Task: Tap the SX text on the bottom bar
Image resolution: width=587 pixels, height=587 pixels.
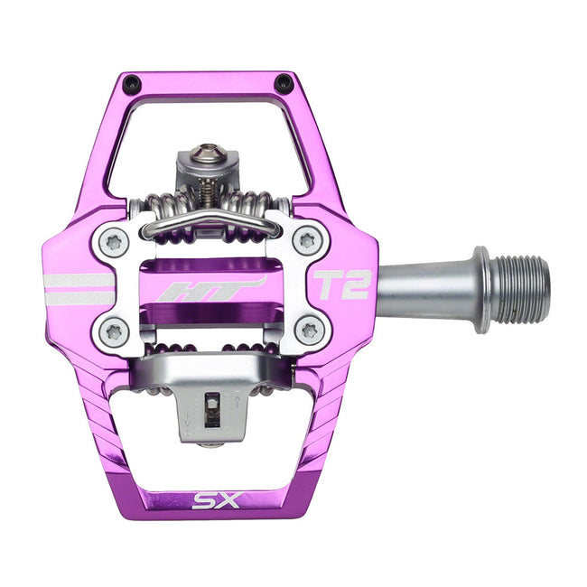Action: [x=214, y=499]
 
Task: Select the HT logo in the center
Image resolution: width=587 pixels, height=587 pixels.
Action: [x=210, y=290]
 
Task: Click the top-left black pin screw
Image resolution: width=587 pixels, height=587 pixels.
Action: [x=133, y=84]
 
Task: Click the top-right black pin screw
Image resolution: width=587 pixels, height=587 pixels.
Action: [x=284, y=84]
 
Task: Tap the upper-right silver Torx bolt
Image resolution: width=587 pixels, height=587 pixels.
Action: [x=309, y=240]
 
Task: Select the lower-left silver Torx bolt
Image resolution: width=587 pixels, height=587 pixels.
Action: [x=113, y=331]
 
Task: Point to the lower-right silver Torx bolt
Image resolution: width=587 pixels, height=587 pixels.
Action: [x=309, y=331]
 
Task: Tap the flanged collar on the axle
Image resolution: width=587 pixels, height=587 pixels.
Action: [x=482, y=288]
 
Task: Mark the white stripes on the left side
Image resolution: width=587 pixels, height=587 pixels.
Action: [x=79, y=289]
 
